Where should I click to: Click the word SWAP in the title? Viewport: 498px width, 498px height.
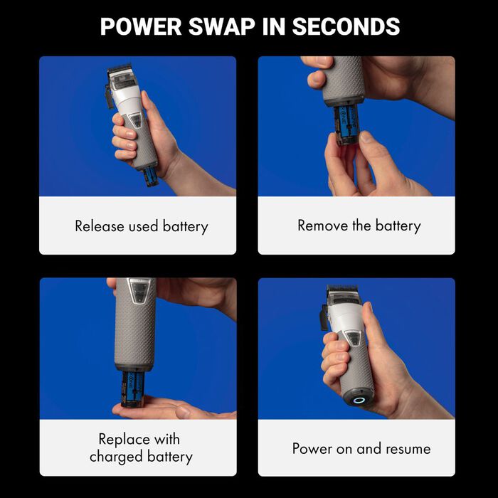click(222, 26)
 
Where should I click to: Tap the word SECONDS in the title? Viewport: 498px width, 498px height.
click(346, 26)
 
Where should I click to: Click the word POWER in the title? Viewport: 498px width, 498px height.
click(141, 26)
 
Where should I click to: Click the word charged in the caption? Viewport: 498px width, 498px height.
click(116, 457)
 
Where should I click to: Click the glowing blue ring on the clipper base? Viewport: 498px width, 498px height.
click(359, 400)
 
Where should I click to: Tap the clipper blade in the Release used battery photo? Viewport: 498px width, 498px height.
click(120, 68)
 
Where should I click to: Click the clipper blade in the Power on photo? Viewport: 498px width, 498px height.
click(342, 290)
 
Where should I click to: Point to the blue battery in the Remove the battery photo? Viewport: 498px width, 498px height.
click(346, 124)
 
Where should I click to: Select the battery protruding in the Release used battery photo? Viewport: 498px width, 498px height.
click(150, 176)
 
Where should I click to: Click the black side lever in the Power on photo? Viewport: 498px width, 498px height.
click(324, 317)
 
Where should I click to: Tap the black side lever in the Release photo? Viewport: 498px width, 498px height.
click(109, 96)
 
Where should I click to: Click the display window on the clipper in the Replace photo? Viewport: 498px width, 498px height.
click(139, 292)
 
